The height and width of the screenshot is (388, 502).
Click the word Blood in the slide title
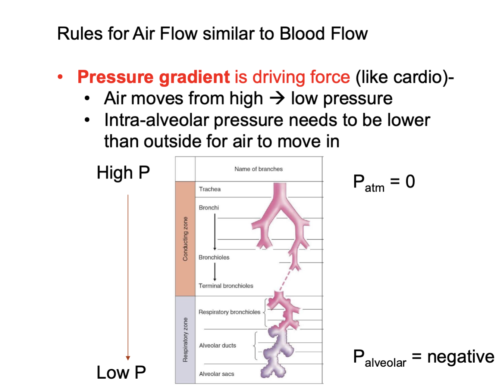(x=302, y=34)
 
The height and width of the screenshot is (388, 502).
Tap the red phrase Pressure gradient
(x=154, y=77)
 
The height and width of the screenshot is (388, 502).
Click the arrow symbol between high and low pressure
(x=277, y=98)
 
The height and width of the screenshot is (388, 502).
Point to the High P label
(x=123, y=173)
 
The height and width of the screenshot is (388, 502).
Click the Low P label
(x=121, y=372)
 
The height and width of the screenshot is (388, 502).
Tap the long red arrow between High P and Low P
(x=128, y=276)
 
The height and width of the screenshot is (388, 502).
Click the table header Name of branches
(x=258, y=169)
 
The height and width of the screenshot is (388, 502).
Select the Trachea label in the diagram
(x=210, y=189)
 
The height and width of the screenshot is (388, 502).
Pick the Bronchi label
(x=209, y=208)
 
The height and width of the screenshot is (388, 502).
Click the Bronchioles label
(x=214, y=257)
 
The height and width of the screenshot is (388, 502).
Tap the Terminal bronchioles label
(x=226, y=286)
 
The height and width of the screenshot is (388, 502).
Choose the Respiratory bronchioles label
(x=229, y=312)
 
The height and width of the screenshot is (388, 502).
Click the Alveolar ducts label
(x=217, y=345)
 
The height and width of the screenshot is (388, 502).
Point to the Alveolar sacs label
(x=217, y=374)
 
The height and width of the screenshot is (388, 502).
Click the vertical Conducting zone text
(x=185, y=239)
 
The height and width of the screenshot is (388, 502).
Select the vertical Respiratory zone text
(x=185, y=340)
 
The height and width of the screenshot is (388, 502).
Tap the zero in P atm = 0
(x=410, y=181)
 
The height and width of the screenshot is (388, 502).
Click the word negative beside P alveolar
(x=461, y=357)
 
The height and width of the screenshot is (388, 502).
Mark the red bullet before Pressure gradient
(x=60, y=77)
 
